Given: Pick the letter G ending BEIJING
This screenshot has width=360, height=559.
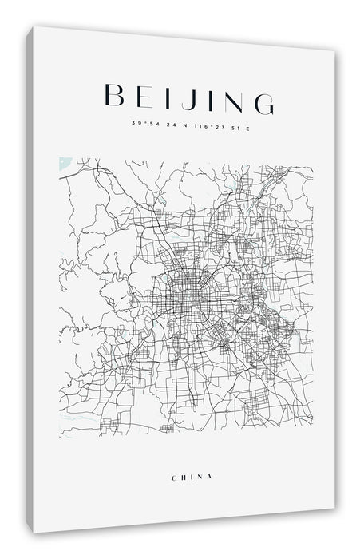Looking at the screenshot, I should [x=261, y=99].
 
